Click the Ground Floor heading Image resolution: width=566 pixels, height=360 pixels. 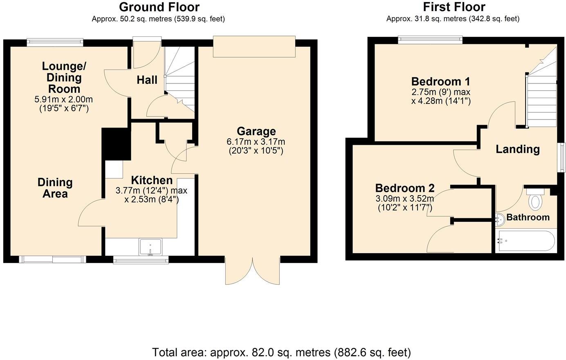[159, 7]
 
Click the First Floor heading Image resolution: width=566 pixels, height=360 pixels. [454, 7]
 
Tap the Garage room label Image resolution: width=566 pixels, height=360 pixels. [256, 131]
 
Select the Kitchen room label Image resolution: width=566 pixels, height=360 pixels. [151, 180]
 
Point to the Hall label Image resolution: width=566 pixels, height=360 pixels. [147, 80]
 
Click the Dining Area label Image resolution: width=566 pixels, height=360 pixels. [55, 188]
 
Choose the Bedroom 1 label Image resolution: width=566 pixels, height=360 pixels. [440, 81]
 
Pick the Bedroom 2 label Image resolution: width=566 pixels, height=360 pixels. [405, 188]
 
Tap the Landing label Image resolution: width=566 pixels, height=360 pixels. [518, 149]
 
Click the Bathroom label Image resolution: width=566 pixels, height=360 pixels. [528, 217]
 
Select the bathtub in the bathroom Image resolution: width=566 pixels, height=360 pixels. [526, 241]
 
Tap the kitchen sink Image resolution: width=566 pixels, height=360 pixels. [150, 248]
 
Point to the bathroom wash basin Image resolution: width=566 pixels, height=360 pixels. [499, 220]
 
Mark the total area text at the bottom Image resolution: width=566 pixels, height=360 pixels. [281, 352]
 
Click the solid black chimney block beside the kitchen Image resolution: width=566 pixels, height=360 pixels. [116, 144]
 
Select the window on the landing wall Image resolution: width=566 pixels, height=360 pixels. [562, 157]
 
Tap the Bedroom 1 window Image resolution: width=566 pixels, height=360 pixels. [431, 40]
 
